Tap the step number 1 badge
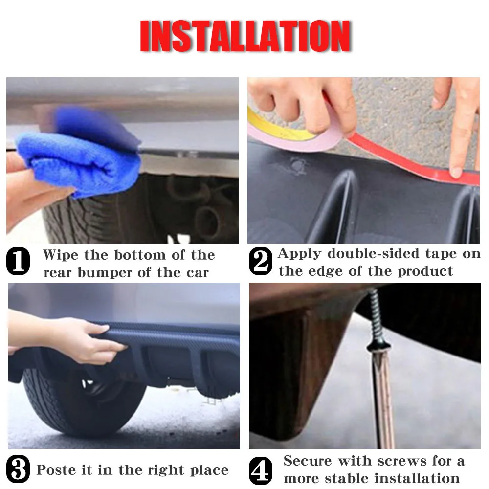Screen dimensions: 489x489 point(18,261)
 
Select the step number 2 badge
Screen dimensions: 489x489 point(261,261)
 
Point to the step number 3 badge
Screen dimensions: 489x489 point(18,469)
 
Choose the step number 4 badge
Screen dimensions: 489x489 point(261,471)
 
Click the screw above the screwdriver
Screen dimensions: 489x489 point(377,318)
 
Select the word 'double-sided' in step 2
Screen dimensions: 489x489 point(374,253)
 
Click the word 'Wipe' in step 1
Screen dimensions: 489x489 point(61,255)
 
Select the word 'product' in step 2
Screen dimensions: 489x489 point(425,271)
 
